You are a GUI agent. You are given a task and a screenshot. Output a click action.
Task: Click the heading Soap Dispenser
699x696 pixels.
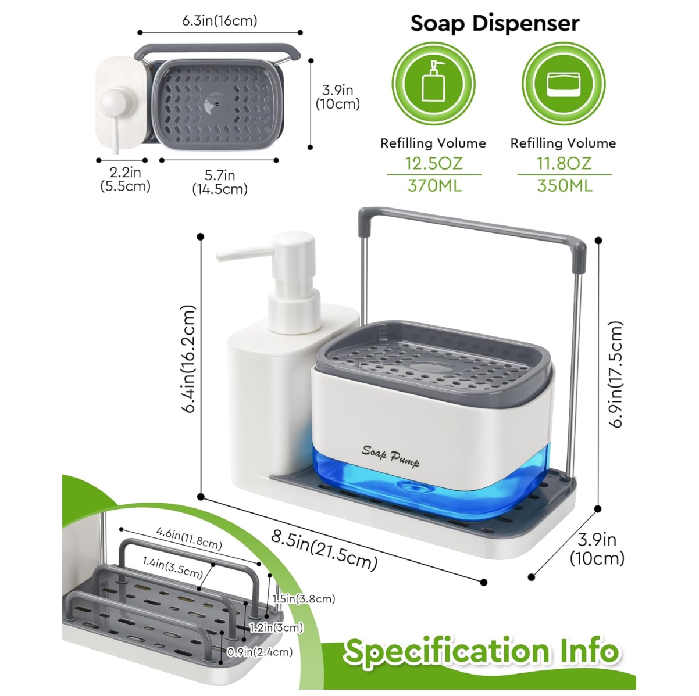pos(495,24)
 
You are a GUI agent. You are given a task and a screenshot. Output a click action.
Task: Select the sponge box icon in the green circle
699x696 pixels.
pos(564,84)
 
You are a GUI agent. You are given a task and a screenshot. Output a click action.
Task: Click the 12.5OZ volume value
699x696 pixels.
pos(434,163)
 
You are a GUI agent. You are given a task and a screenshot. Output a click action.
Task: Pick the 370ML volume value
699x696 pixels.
pos(434,185)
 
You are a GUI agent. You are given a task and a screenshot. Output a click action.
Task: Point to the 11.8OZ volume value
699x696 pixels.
pos(564,163)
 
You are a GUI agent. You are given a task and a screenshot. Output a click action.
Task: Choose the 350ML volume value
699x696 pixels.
pos(565,185)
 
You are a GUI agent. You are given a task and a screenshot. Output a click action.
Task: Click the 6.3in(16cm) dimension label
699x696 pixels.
pos(219,21)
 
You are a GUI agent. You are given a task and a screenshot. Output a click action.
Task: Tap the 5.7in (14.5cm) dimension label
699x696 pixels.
pos(220,182)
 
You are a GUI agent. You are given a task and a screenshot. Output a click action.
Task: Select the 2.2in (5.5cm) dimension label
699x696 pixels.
pos(126,179)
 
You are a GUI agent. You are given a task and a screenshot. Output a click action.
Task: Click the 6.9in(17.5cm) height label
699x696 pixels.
pos(616,375)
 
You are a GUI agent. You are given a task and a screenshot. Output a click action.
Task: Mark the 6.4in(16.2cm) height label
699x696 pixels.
pos(188,359)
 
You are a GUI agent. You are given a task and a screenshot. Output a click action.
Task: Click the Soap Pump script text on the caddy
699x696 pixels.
pos(391,457)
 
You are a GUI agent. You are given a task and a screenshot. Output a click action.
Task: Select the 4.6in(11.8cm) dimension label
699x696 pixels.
pos(189,539)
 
